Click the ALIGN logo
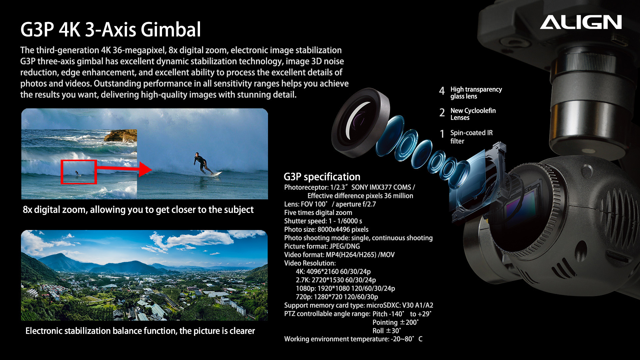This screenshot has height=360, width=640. (581, 22)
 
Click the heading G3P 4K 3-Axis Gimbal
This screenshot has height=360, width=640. (111, 29)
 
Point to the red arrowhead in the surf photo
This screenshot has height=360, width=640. (146, 169)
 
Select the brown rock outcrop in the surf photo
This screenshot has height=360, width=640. (121, 136)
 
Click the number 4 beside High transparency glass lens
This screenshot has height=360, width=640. (442, 91)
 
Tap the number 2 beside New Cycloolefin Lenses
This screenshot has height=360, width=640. (442, 113)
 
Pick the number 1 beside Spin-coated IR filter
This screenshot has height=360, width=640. (442, 134)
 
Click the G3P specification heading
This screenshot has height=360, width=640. (322, 177)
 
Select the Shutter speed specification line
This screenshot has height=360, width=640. (323, 221)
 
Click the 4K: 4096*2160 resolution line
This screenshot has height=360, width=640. (333, 272)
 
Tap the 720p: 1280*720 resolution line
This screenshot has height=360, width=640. (337, 297)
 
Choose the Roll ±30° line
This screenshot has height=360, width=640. (387, 331)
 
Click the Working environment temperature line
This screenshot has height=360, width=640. (353, 339)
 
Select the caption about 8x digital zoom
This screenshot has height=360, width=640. (138, 210)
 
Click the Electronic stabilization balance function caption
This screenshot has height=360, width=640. (140, 331)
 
